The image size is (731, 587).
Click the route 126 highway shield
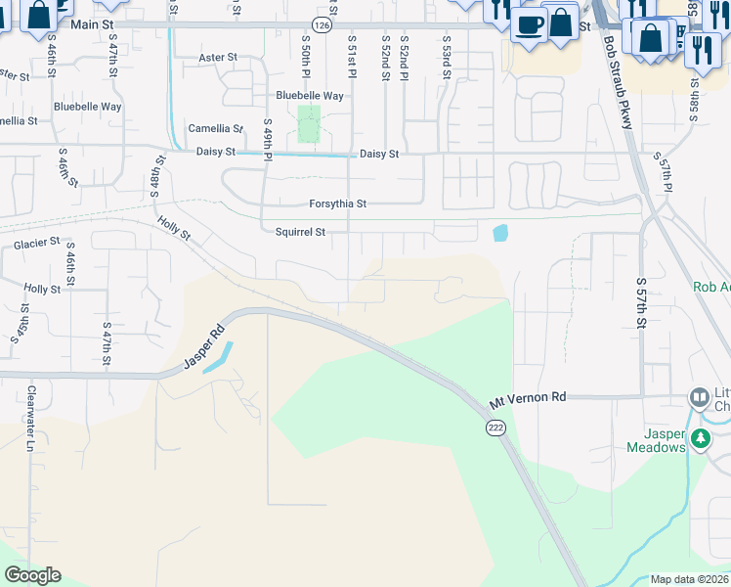(x=322, y=23)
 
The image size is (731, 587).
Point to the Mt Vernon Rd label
(x=528, y=398)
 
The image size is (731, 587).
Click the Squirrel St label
(x=299, y=232)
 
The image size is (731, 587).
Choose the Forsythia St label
(x=337, y=203)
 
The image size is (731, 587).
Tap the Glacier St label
(x=36, y=242)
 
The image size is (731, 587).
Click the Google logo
(x=32, y=575)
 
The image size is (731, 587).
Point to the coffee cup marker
(x=529, y=23)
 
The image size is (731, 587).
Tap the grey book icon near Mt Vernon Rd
(x=700, y=397)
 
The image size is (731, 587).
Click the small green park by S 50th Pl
(x=309, y=124)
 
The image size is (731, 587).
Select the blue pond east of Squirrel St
(x=501, y=233)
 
